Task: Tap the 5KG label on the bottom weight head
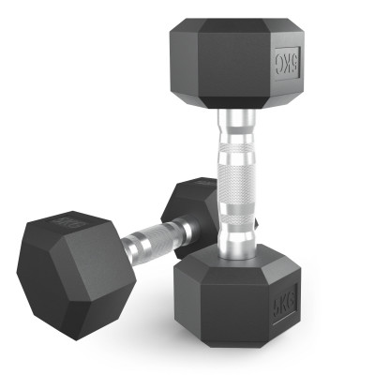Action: pos(284,302)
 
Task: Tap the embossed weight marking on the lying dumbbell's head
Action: pos(66,223)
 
